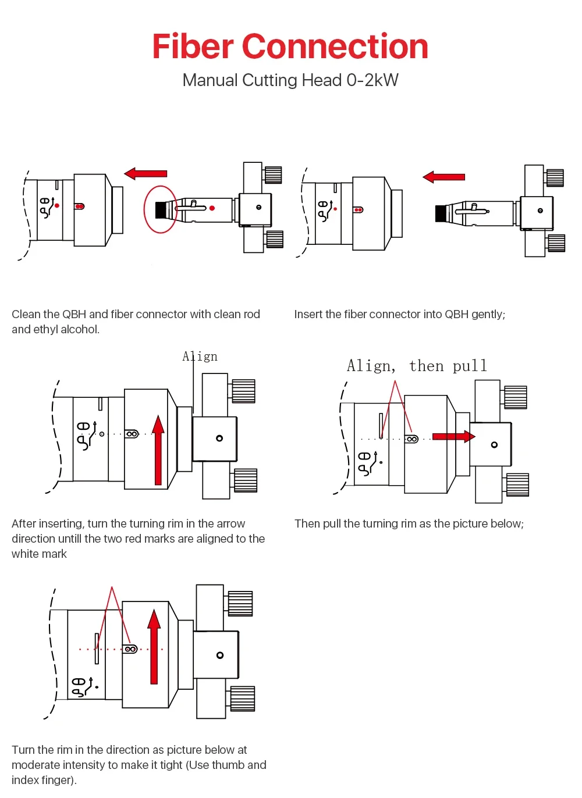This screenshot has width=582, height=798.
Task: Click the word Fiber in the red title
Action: click(x=193, y=47)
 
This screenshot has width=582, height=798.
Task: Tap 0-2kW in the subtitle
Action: click(x=372, y=80)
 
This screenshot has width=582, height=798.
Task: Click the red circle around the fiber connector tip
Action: click(x=160, y=209)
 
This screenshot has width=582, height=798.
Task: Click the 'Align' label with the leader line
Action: click(x=200, y=357)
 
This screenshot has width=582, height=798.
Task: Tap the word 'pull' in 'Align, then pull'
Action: click(x=470, y=366)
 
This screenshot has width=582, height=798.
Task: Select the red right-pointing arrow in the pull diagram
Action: click(x=453, y=436)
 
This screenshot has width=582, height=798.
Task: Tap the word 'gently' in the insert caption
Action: click(x=487, y=314)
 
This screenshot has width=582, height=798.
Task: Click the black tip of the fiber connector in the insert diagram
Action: click(x=441, y=213)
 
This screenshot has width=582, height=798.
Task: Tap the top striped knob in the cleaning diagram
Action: click(x=273, y=175)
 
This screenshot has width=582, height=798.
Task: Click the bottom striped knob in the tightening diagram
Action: click(x=242, y=699)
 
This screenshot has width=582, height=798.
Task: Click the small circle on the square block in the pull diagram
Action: click(x=494, y=445)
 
